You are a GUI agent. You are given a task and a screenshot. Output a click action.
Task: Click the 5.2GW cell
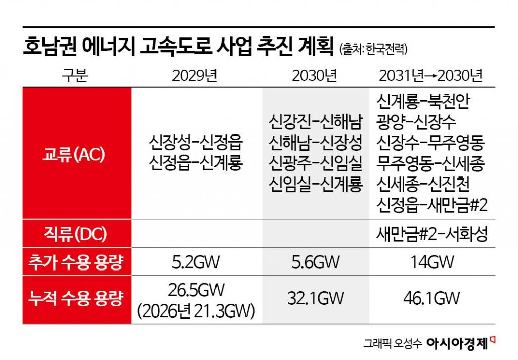coord(196,262)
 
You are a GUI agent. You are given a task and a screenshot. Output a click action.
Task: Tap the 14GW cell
coord(431,262)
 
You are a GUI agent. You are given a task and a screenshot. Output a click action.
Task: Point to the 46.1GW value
coord(431,298)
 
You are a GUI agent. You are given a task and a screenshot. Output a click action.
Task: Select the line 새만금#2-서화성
coord(431,235)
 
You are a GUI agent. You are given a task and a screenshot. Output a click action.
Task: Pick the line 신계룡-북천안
coord(423,102)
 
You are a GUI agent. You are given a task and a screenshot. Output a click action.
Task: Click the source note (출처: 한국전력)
coord(373,50)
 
